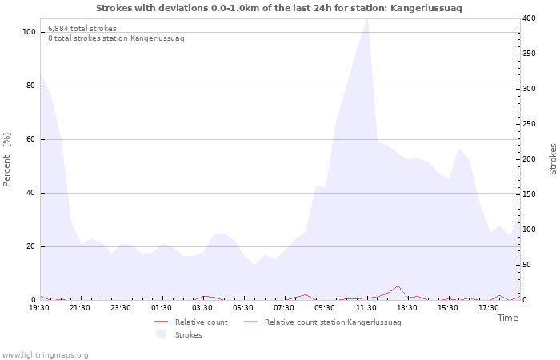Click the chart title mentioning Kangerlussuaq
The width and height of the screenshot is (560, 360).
tap(278, 7)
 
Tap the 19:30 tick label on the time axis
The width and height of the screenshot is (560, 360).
tap(39, 307)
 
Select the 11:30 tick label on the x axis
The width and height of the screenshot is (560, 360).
tap(366, 307)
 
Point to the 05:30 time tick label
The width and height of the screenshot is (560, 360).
tap(243, 307)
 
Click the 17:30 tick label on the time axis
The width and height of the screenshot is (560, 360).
tap(488, 307)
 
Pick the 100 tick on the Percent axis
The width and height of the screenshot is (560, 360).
tap(29, 32)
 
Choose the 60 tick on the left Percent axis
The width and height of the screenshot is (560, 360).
tap(31, 139)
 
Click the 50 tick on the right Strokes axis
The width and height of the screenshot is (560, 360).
tap(528, 265)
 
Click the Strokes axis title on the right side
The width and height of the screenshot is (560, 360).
tap(553, 159)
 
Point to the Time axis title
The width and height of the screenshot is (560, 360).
tap(507, 318)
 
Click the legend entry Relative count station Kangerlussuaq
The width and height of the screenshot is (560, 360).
tap(333, 322)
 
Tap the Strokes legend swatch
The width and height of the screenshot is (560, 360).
tap(161, 334)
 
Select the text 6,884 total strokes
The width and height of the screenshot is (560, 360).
tap(82, 29)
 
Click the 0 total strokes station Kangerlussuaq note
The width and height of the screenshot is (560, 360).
tap(115, 38)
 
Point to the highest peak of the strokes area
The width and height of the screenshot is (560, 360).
tap(367, 19)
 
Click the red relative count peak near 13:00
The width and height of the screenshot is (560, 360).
tap(398, 286)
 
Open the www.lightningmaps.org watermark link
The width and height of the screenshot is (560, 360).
tap(45, 354)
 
